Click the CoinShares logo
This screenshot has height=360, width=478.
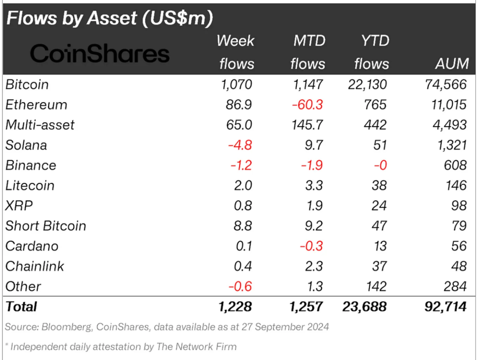(x=100, y=53)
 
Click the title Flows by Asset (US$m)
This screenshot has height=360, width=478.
(x=109, y=19)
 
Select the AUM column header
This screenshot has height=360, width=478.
(x=452, y=64)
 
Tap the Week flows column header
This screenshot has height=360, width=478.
(x=236, y=52)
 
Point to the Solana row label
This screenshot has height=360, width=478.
(x=26, y=145)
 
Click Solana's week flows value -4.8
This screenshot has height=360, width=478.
(x=240, y=145)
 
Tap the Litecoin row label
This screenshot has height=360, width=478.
(x=30, y=185)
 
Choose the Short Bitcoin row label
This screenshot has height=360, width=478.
(x=46, y=226)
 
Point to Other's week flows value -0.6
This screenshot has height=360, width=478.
(x=240, y=286)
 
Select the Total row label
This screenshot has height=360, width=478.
(x=21, y=307)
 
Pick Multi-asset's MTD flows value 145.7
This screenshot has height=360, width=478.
(x=307, y=125)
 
